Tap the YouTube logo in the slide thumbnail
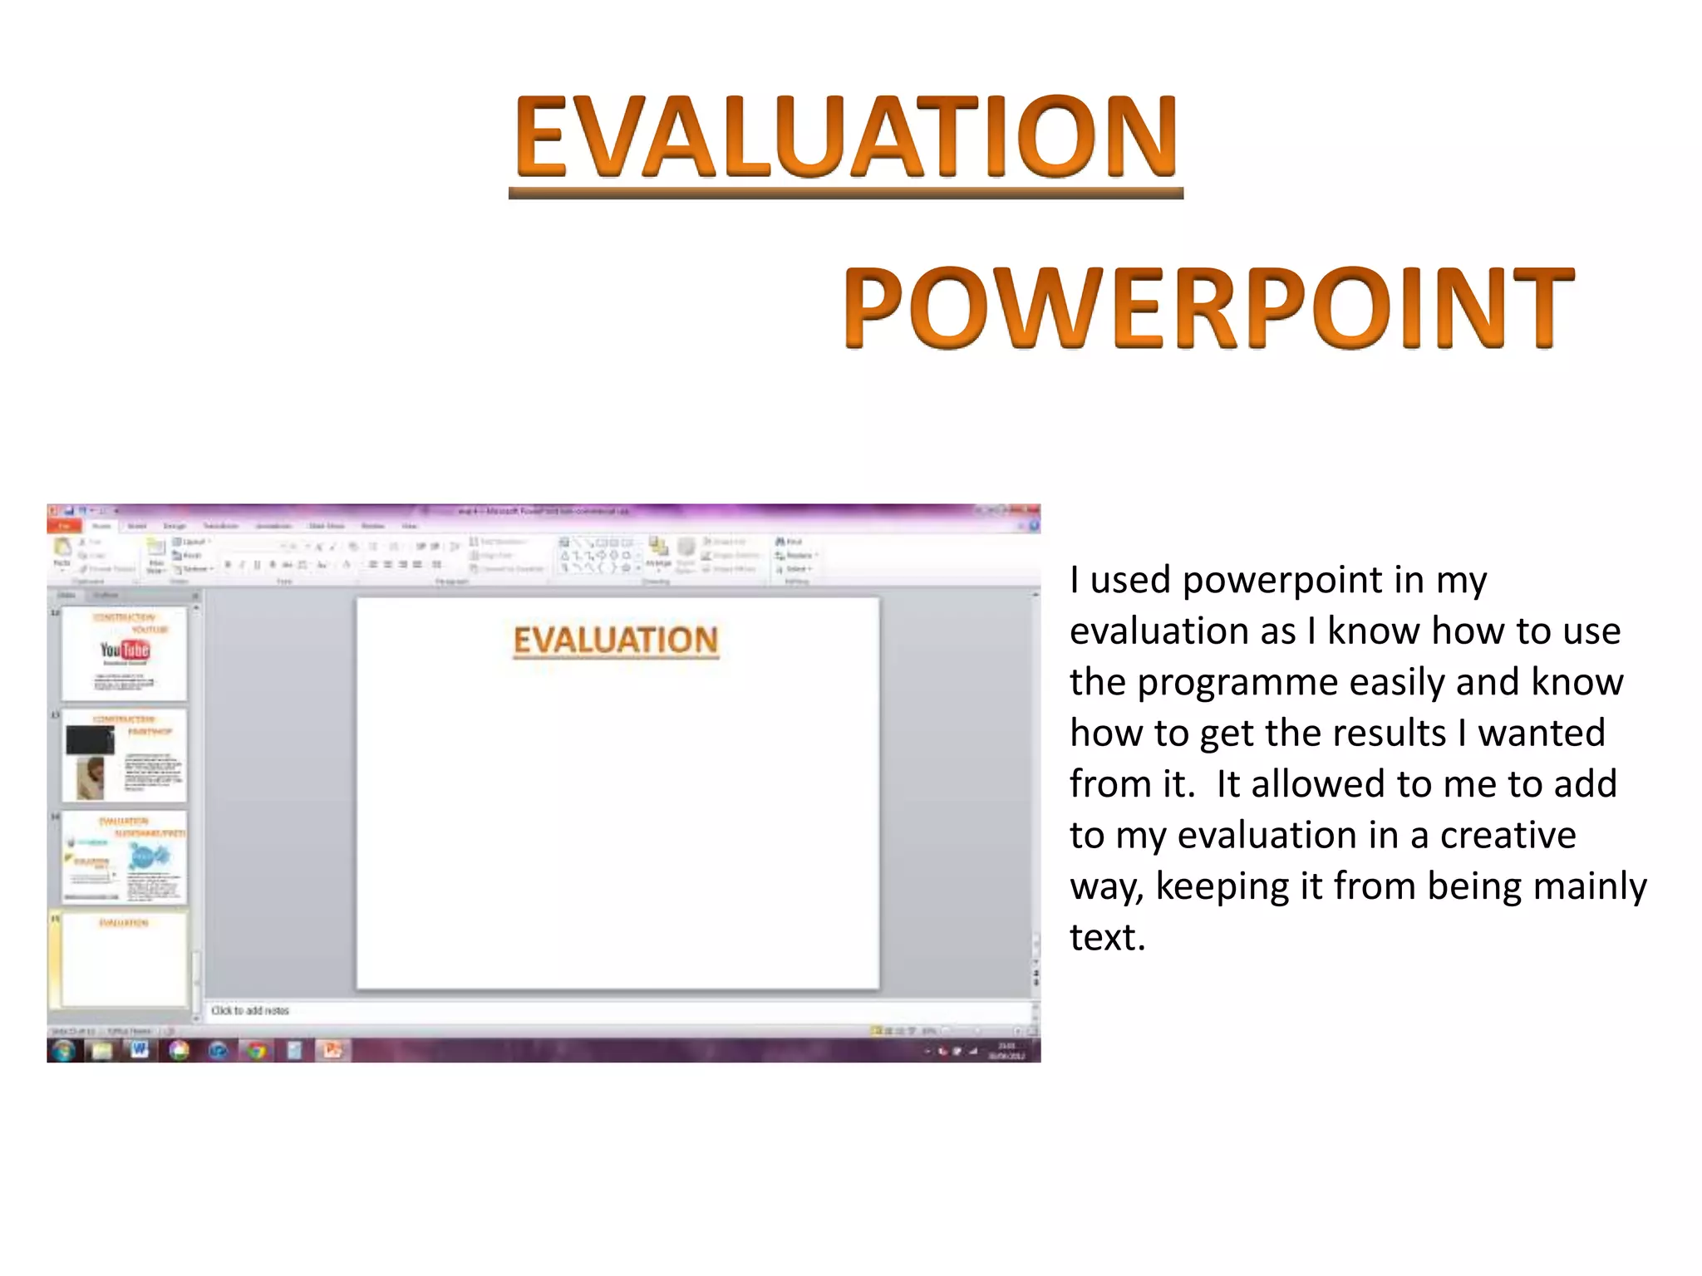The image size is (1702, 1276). pos(125,650)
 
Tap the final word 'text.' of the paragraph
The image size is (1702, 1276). pos(1107,937)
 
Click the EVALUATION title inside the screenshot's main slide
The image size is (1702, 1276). pos(616,640)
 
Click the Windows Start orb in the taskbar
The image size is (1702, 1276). pos(64,1051)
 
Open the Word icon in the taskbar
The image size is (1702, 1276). pos(139,1050)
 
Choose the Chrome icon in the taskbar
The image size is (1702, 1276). pos(257,1051)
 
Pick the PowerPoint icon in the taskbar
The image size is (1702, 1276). pos(332,1050)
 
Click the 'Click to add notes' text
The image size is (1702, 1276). pos(250,1010)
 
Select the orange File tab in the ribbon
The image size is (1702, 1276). pos(64,526)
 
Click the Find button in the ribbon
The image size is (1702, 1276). pos(790,542)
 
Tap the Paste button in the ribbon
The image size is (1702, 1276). pos(62,552)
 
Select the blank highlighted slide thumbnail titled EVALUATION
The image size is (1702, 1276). pos(124,959)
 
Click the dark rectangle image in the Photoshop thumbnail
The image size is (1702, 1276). pos(90,739)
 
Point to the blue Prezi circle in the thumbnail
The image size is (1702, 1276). pos(149,856)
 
